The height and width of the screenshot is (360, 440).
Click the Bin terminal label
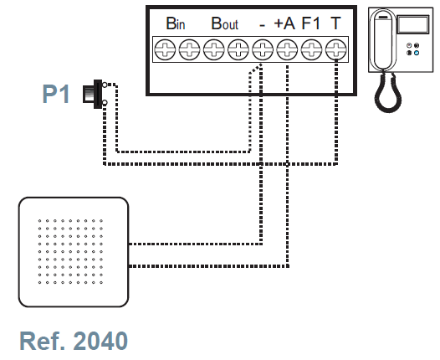pos(176,23)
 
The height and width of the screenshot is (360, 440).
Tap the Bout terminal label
pos(224,23)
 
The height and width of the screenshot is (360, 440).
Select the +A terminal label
pos(284,23)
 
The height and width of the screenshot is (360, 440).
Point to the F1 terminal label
pos(311,23)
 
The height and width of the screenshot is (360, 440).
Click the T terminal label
pos(335,23)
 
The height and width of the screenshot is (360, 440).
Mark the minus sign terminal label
pos(262,26)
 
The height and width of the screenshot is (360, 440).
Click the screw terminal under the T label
pos(336,49)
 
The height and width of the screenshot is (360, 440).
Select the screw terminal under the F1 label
pos(311,49)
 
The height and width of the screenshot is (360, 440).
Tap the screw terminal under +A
pos(287,49)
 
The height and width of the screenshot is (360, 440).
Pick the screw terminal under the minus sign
pos(263,49)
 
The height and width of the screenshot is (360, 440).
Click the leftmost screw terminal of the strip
pos(165,49)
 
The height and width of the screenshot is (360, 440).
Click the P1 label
pos(56,94)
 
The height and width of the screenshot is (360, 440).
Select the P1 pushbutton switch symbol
pos(95,94)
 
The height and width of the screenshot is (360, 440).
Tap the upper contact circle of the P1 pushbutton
pos(105,85)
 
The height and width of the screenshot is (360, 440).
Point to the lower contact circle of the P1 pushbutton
pos(105,103)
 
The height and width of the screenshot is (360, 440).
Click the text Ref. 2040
pos(74,341)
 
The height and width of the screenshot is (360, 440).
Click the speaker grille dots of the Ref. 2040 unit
pos(70,252)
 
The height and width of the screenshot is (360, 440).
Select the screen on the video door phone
pos(413,24)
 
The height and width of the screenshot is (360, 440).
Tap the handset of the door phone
pos(383,40)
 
